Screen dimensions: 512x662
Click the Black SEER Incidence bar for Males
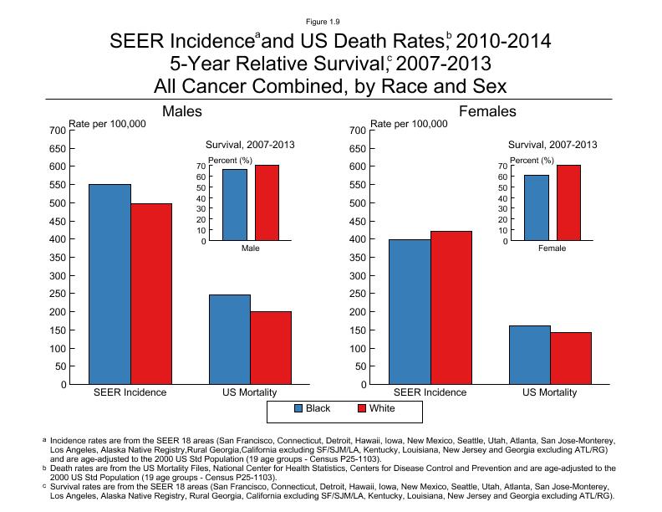tap(109, 284)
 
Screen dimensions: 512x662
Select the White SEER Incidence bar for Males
tap(151, 294)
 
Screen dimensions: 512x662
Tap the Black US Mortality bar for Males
tap(229, 340)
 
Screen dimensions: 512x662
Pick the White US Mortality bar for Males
tap(271, 348)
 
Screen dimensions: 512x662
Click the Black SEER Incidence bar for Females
tap(411, 312)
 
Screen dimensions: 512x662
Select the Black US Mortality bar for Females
tap(530, 355)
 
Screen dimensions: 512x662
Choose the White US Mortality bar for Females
tap(571, 358)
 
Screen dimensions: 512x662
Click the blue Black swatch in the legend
tap(299, 409)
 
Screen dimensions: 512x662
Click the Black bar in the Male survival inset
tap(235, 205)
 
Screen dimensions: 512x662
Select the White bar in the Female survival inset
tap(568, 203)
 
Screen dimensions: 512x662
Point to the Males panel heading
tap(182, 111)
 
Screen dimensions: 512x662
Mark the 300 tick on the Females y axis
tap(357, 275)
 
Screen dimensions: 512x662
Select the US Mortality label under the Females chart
tap(550, 392)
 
